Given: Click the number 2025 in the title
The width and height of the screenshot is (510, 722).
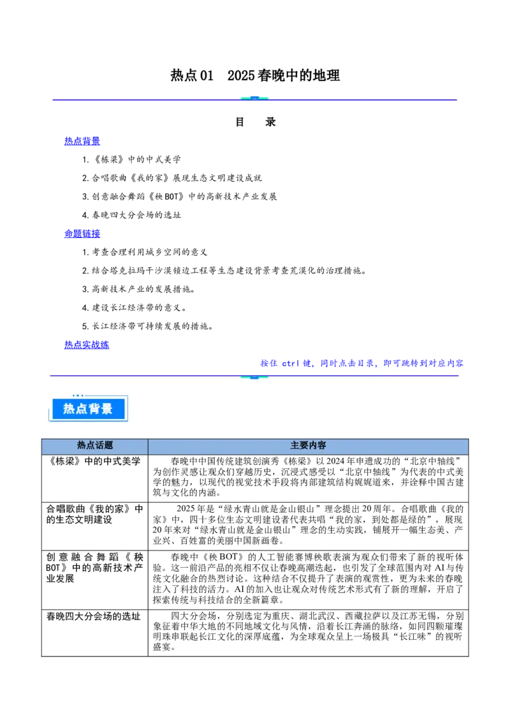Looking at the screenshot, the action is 241,75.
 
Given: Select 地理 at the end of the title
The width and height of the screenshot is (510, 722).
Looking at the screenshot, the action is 329,75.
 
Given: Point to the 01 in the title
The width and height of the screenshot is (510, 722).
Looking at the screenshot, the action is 207,75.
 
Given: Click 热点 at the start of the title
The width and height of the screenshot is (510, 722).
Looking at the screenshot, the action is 184,75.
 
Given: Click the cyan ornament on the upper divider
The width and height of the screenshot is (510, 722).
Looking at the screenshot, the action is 254,99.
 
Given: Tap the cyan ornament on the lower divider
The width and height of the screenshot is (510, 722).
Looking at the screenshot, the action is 254,377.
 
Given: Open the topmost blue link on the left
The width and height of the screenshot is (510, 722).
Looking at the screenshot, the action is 82,141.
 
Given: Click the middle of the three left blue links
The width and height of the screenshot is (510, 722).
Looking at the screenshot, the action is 82,233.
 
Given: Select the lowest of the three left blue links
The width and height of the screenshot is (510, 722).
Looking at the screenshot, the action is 87,344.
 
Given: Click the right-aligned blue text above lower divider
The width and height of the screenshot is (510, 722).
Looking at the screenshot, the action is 361,363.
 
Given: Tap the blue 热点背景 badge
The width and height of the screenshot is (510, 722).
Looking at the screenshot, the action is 87,409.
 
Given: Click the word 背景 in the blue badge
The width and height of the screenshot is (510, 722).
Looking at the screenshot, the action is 100,409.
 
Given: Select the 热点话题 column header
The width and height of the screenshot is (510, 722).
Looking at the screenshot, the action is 94,446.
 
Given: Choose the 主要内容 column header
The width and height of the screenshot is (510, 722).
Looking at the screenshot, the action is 308,446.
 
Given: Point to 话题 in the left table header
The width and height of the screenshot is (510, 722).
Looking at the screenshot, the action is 104,446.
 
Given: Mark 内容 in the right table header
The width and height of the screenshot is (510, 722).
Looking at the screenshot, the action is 317,446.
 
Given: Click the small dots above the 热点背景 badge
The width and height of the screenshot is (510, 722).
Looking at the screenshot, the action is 78,396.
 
